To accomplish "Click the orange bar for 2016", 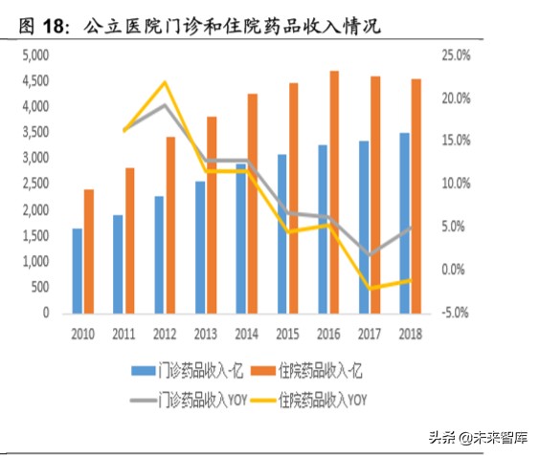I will [x=334, y=191].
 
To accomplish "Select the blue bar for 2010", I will [x=77, y=271].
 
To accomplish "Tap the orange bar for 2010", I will [x=89, y=250].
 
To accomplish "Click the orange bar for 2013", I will [x=212, y=214].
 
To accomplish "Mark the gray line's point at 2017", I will [x=371, y=255].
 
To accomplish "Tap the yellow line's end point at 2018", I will [x=412, y=279].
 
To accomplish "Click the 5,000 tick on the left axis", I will [x=34, y=55].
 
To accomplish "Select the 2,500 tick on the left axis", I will [x=34, y=184].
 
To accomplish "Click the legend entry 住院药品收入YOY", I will [x=317, y=396].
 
